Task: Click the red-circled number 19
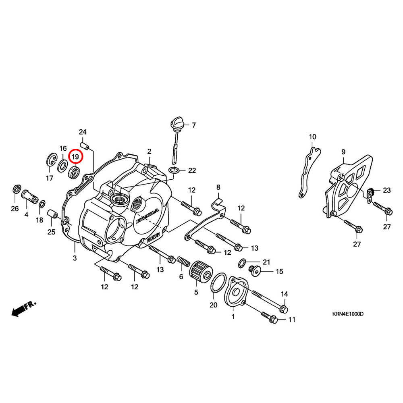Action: pos(75,155)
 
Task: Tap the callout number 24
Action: pos(83,132)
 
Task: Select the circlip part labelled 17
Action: pos(52,160)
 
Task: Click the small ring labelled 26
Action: pos(17,189)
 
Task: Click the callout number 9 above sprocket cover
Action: pos(343,152)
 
